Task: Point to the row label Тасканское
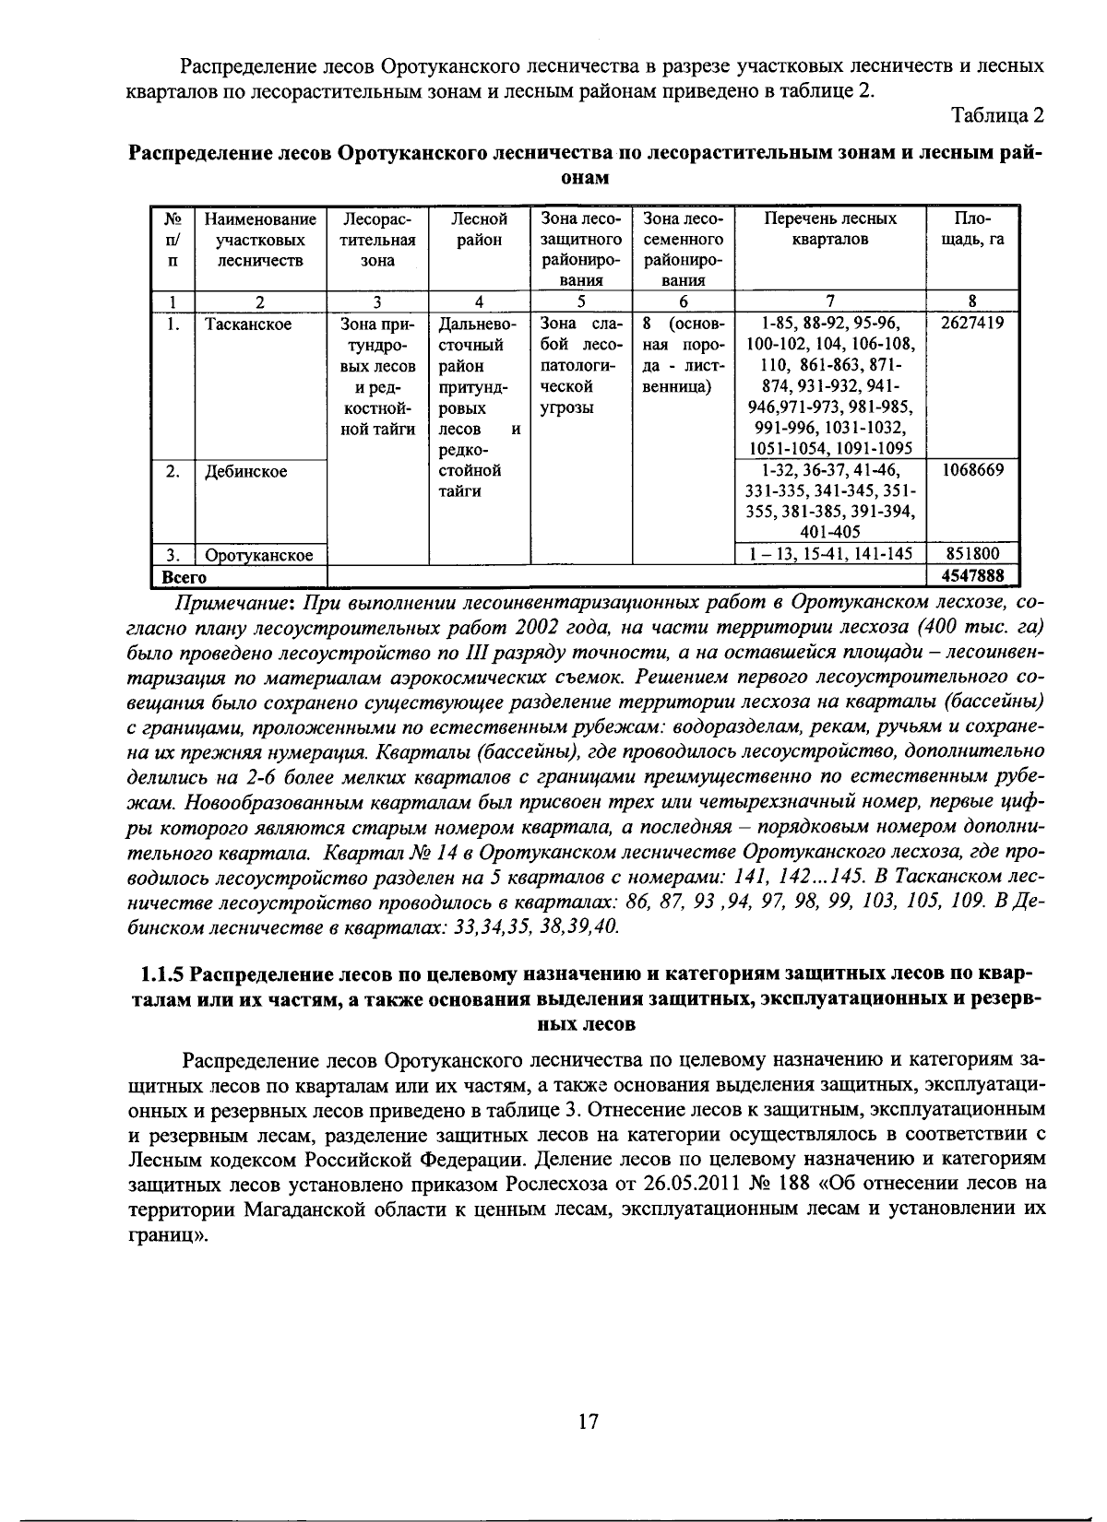[x=248, y=324]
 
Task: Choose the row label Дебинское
[x=245, y=471]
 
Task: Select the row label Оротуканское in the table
[x=259, y=555]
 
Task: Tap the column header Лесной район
[x=479, y=230]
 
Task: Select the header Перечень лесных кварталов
[x=829, y=230]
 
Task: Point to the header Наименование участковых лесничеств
[x=260, y=240]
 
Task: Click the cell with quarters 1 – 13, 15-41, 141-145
[x=830, y=554]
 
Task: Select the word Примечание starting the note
[x=227, y=604]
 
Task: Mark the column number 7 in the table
[x=829, y=301]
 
